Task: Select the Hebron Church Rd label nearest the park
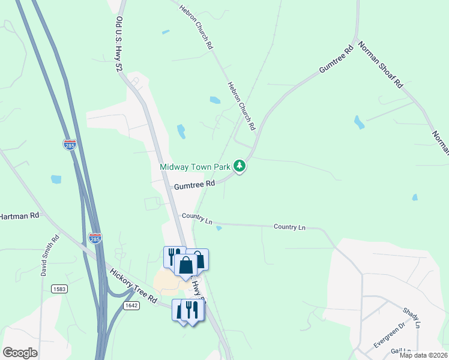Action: coord(242,106)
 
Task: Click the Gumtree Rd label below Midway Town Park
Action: coord(194,185)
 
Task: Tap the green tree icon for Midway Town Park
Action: coord(240,166)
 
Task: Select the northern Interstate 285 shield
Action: coord(70,145)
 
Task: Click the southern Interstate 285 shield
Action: coord(95,238)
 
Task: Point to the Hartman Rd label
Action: coord(18,215)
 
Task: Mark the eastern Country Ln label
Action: coord(289,227)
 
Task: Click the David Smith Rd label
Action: coord(49,255)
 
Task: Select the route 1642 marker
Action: coord(131,305)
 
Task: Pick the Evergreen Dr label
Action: coord(390,334)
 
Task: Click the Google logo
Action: coord(20,353)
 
